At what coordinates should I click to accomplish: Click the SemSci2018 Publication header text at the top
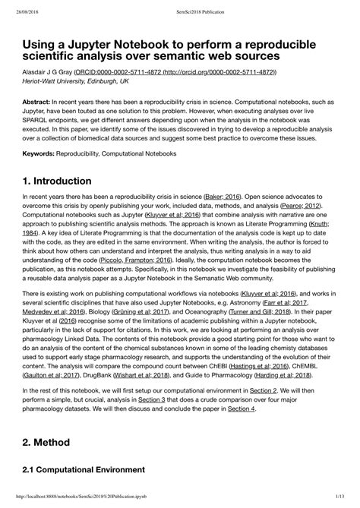tap(179, 7)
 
